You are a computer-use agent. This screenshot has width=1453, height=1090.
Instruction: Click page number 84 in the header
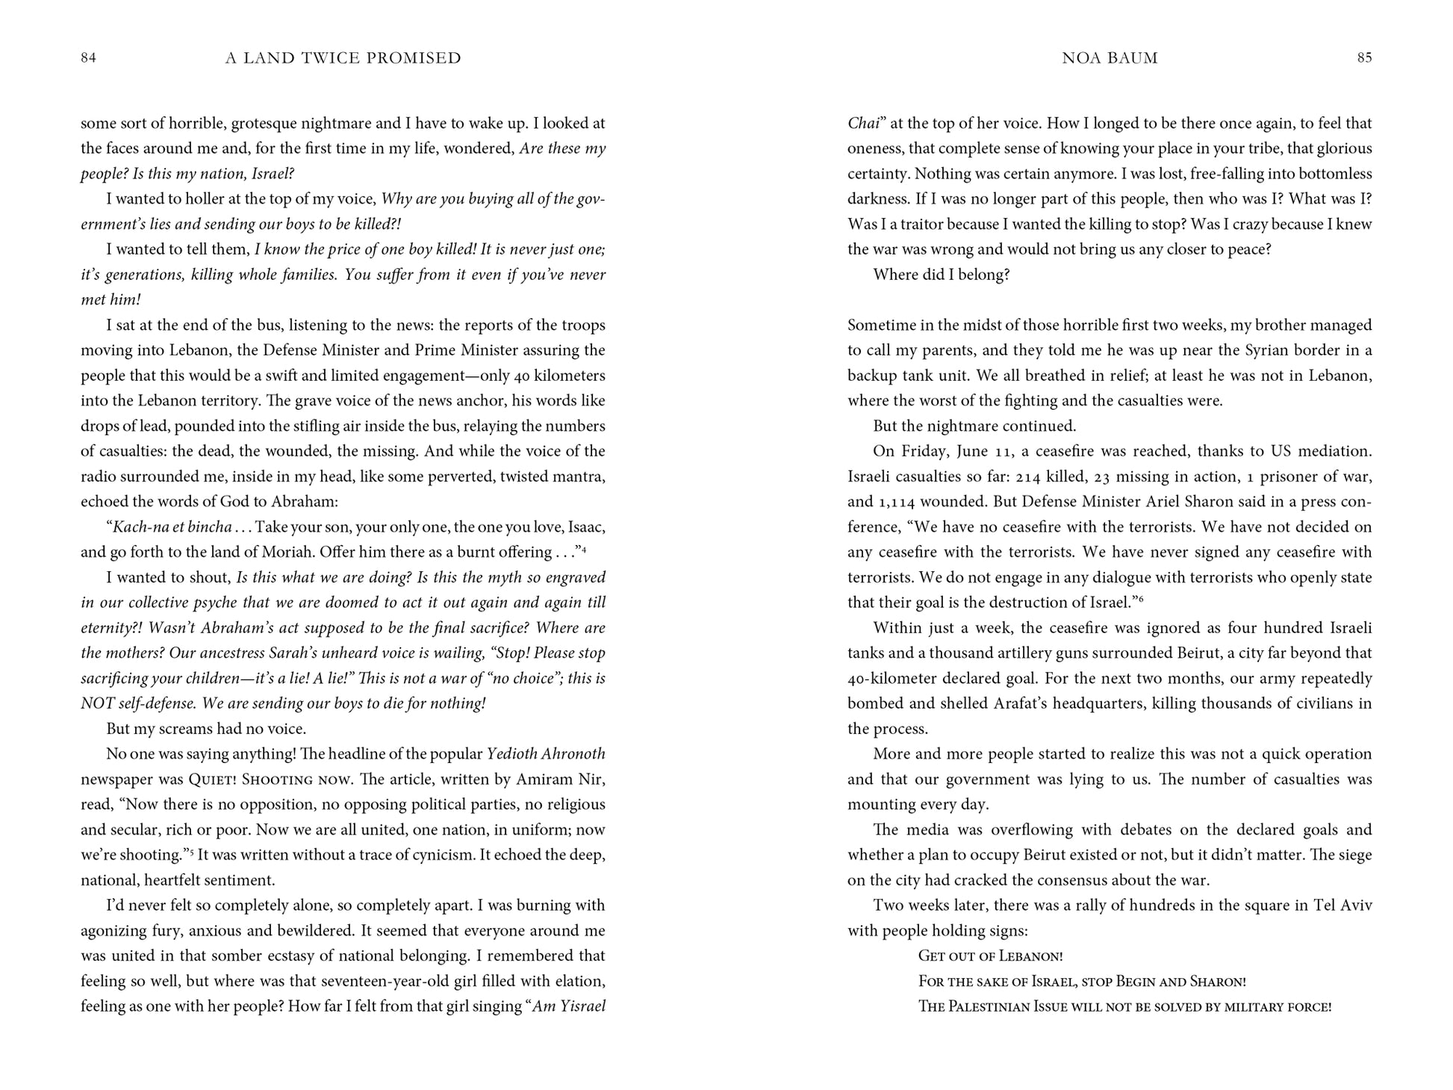[x=88, y=58]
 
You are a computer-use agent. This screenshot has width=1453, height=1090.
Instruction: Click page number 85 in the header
[x=1364, y=58]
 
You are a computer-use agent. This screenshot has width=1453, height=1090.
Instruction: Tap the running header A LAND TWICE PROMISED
[x=343, y=58]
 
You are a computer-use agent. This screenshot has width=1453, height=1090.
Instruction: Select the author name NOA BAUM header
[x=1110, y=58]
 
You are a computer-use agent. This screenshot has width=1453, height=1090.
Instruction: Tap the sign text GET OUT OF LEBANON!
[x=990, y=956]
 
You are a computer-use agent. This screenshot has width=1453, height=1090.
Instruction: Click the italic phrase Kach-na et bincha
[x=172, y=527]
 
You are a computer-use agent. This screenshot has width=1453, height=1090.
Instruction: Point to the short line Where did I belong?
[x=941, y=275]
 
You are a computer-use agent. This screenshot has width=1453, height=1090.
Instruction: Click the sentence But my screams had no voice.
[x=206, y=729]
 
